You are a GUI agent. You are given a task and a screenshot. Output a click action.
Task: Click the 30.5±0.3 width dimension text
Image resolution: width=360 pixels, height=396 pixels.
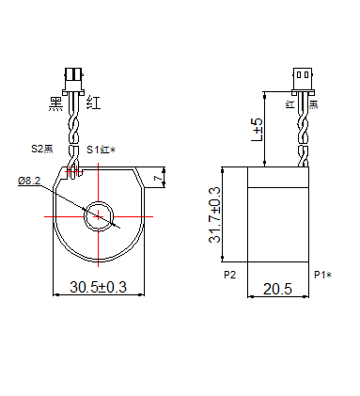pyautogui.click(x=98, y=288)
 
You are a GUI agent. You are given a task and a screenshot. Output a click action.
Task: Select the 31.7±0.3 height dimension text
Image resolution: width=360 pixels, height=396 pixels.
pyautogui.click(x=214, y=215)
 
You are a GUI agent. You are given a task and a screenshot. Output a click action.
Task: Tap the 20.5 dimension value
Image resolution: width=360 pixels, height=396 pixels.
pyautogui.click(x=278, y=290)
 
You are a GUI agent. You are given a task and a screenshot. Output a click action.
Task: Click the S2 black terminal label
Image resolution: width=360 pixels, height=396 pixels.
pyautogui.click(x=43, y=149)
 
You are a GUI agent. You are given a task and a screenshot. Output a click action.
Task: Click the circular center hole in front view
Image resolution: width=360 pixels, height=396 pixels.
pyautogui.click(x=98, y=216)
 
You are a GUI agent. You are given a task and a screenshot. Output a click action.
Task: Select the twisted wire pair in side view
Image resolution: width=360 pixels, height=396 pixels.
pyautogui.click(x=303, y=132)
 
